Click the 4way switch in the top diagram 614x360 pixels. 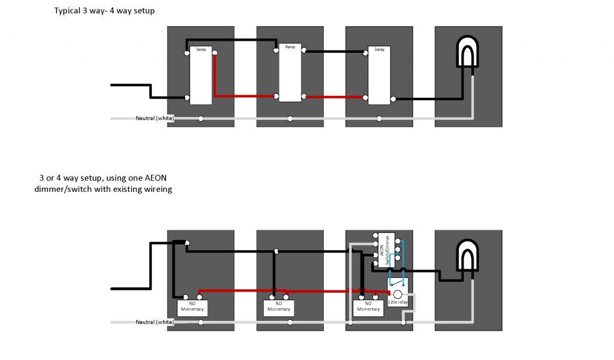(290, 73)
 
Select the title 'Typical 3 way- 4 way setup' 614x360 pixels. (104, 11)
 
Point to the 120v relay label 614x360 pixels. (397, 303)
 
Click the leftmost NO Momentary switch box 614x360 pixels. (192, 307)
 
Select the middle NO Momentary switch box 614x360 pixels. (278, 307)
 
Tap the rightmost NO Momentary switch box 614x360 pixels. (368, 307)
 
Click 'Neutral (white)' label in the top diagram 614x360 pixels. (155, 118)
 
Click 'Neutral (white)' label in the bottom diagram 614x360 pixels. (155, 322)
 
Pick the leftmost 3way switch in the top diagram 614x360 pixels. (201, 76)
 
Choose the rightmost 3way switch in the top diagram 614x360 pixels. (379, 76)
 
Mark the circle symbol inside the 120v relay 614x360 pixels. (396, 294)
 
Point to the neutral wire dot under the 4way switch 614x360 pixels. (290, 118)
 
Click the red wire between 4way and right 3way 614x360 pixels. (335, 97)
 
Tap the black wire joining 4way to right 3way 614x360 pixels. (335, 52)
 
